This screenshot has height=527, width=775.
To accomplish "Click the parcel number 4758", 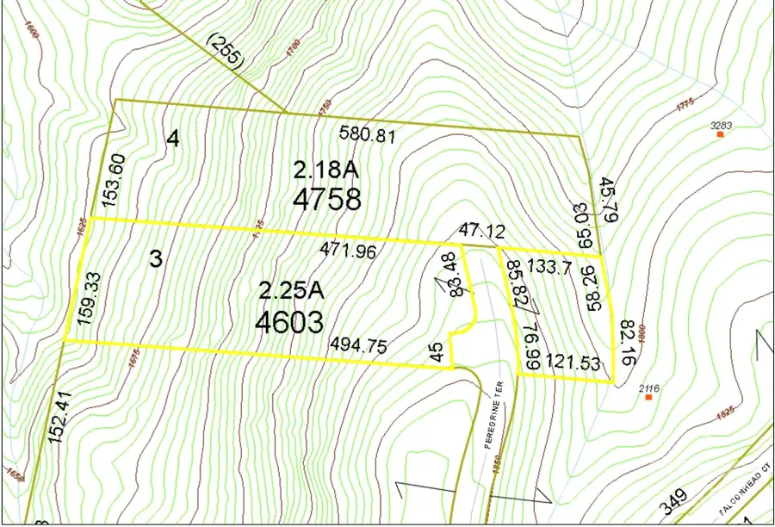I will click(x=326, y=199).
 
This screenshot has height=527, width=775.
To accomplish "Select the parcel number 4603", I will click(x=289, y=322).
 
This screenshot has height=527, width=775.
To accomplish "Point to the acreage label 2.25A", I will click(x=290, y=291).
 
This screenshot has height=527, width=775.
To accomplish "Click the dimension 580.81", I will click(x=367, y=134).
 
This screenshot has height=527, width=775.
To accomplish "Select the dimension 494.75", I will click(x=358, y=345).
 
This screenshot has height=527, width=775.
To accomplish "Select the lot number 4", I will click(x=173, y=138).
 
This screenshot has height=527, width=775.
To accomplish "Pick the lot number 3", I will click(x=156, y=259).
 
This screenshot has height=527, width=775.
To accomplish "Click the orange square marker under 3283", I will click(x=721, y=136).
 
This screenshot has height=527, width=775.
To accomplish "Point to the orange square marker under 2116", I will click(x=648, y=398).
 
